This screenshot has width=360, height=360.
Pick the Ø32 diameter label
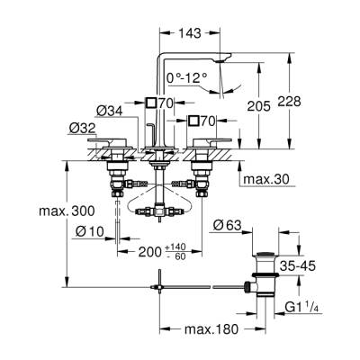coord(82,129)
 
